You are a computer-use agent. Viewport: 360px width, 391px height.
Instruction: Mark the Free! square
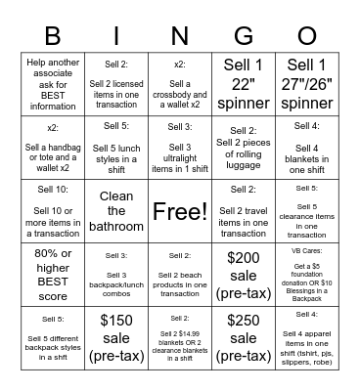(x=179, y=210)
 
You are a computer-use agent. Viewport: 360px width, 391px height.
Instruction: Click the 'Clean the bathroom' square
(x=115, y=210)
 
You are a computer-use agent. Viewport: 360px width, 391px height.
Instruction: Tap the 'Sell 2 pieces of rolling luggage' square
(x=243, y=148)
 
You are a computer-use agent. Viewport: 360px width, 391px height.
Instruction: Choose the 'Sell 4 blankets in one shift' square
(x=306, y=148)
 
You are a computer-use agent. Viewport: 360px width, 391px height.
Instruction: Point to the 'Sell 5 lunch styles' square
(x=115, y=148)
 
